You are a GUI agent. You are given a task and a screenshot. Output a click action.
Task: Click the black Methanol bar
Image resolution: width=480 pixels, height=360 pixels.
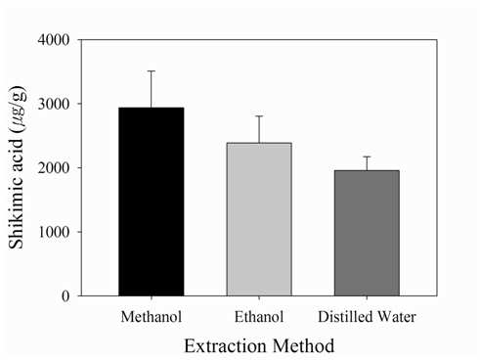pos(152,202)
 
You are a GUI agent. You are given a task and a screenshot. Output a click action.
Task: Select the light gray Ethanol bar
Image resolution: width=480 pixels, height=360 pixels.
pos(259,219)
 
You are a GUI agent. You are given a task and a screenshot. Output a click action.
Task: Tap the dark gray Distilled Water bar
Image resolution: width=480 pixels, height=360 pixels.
pos(367,233)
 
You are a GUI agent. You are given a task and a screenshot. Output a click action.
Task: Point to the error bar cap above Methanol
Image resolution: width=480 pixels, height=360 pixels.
pos(152,70)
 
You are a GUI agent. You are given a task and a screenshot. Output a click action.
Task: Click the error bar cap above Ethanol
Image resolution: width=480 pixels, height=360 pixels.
pos(259,116)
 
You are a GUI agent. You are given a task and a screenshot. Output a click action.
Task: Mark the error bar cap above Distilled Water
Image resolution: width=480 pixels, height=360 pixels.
pos(367,157)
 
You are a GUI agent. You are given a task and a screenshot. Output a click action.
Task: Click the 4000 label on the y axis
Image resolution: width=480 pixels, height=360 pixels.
pos(54,40)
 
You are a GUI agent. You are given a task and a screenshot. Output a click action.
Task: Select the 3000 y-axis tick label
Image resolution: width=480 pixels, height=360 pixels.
pos(54,104)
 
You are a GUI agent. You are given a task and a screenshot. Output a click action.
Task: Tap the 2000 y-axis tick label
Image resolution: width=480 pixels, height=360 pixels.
pos(54,167)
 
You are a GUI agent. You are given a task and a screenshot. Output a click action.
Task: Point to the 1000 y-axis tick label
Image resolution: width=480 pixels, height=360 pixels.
pos(54,232)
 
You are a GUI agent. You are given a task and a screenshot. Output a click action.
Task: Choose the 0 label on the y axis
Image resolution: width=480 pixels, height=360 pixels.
pos(65,296)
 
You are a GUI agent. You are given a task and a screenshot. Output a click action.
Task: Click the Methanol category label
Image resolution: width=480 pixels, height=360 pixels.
pos(152,317)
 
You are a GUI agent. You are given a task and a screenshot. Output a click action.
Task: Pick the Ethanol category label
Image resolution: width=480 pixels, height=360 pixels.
pos(259,317)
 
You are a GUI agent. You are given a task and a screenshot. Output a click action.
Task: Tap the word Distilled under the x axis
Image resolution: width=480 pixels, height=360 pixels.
pos(344,317)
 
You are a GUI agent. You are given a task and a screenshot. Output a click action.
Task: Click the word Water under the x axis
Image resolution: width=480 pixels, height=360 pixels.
pos(396,317)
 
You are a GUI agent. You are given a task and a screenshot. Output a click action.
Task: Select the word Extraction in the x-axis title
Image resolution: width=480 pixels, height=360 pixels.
pos(226,345)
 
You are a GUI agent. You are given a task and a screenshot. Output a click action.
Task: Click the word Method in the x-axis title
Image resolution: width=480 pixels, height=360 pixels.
pos(304,345)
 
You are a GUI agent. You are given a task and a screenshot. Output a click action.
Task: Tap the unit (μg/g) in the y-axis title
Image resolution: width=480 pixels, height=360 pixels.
pos(17,109)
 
